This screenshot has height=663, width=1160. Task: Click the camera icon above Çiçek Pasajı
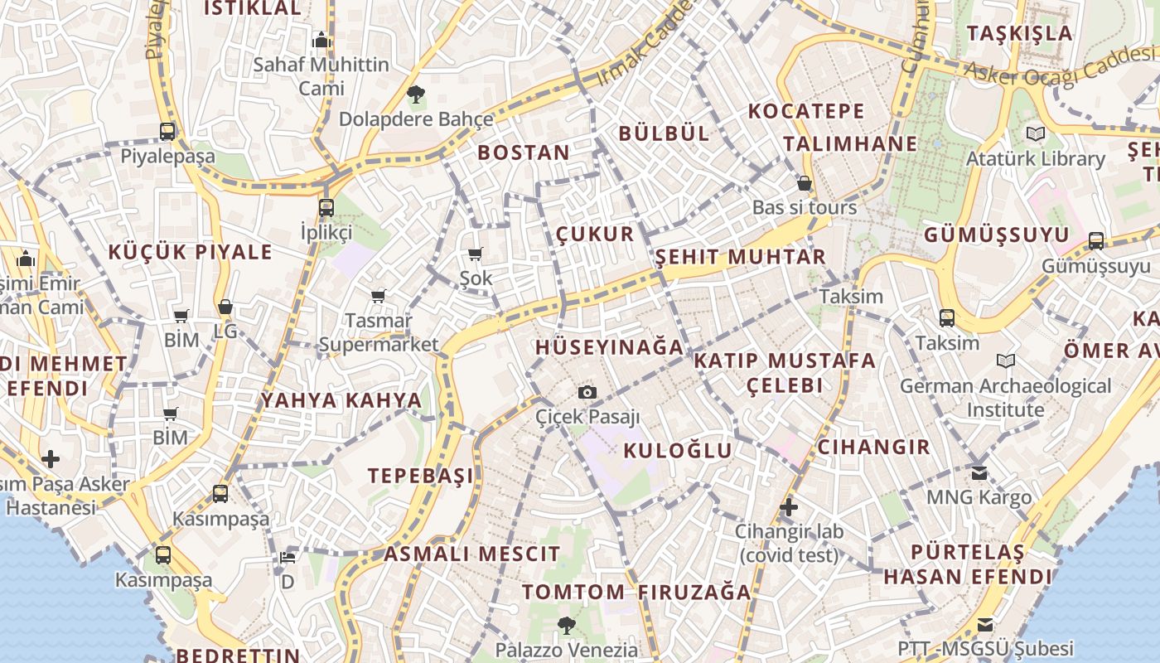(x=587, y=392)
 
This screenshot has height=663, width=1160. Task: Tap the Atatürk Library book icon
(x=1035, y=133)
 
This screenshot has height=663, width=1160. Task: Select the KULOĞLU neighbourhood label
(x=677, y=450)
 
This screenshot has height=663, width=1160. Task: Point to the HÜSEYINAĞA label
(x=609, y=347)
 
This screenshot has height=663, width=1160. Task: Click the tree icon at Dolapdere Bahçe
(x=415, y=94)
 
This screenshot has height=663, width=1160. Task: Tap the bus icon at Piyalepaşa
(x=167, y=131)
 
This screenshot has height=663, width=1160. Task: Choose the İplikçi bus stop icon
(x=326, y=207)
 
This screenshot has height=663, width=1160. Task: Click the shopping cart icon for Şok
(x=476, y=254)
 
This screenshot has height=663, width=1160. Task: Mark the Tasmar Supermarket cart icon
(x=379, y=296)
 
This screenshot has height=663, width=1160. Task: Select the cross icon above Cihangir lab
(x=789, y=506)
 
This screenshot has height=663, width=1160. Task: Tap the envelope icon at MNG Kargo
(x=979, y=472)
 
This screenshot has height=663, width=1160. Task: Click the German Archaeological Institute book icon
(x=1006, y=361)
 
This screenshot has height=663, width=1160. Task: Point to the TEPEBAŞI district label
(x=421, y=476)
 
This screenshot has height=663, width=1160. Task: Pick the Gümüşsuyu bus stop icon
(x=1096, y=241)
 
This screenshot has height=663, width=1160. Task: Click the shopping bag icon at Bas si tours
(x=804, y=183)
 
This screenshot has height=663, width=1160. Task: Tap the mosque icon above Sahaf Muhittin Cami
(x=321, y=40)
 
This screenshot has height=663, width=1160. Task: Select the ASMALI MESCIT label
(x=471, y=554)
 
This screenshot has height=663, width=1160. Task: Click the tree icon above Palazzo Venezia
(x=567, y=625)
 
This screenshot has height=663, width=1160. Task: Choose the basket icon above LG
(x=225, y=307)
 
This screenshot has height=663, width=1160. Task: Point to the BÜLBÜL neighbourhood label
(x=664, y=133)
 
